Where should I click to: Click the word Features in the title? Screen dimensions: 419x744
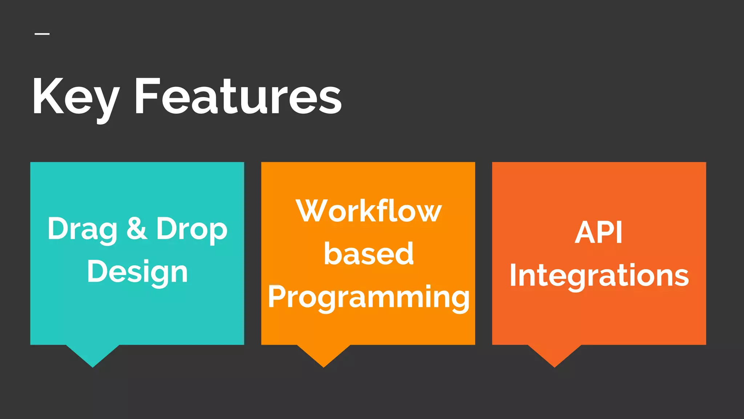click(x=238, y=97)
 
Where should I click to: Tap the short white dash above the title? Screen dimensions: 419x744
click(x=42, y=34)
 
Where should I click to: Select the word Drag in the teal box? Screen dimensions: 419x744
click(x=82, y=229)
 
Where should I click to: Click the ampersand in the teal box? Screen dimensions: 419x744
click(x=137, y=228)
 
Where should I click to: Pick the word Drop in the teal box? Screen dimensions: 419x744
click(x=191, y=229)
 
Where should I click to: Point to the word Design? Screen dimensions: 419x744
click(x=137, y=272)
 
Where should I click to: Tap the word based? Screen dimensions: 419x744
click(x=368, y=254)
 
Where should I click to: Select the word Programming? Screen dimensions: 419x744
click(x=368, y=297)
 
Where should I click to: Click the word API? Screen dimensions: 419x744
click(x=599, y=232)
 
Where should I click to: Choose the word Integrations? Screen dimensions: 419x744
click(x=599, y=275)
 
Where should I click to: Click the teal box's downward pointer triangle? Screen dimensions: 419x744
click(x=93, y=354)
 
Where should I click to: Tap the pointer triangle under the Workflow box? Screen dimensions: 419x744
click(x=323, y=354)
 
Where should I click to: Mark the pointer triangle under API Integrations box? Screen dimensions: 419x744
click(x=554, y=354)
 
